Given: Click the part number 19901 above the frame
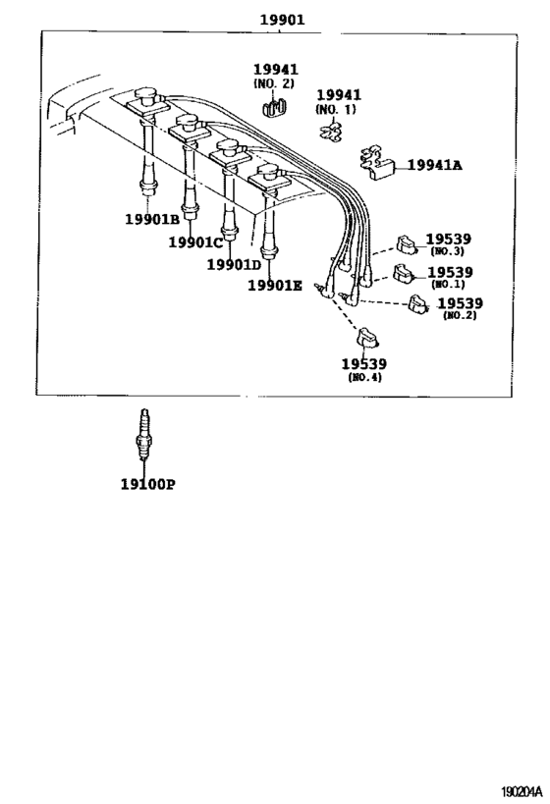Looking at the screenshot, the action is click(x=282, y=20).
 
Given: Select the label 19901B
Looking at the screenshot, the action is click(x=152, y=219).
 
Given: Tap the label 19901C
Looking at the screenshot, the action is click(x=196, y=241).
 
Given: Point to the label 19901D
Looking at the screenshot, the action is click(x=235, y=264).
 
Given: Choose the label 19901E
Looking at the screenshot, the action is click(x=275, y=286).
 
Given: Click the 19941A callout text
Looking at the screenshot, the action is click(x=434, y=165).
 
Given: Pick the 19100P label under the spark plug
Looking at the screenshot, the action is click(x=147, y=484).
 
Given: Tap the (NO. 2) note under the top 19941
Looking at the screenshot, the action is click(x=274, y=83).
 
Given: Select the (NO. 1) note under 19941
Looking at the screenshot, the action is click(x=336, y=109).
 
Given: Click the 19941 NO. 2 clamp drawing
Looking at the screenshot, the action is click(x=274, y=107).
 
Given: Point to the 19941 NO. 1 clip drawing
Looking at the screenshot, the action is click(x=331, y=131).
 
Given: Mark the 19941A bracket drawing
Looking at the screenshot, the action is click(x=377, y=163).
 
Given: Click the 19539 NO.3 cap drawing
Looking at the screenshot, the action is click(x=408, y=244).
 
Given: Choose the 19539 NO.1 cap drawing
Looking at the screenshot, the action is click(x=404, y=273).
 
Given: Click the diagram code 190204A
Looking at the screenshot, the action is click(x=522, y=792).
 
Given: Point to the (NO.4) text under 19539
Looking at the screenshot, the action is click(x=364, y=377).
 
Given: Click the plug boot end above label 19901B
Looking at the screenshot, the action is click(x=147, y=188).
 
